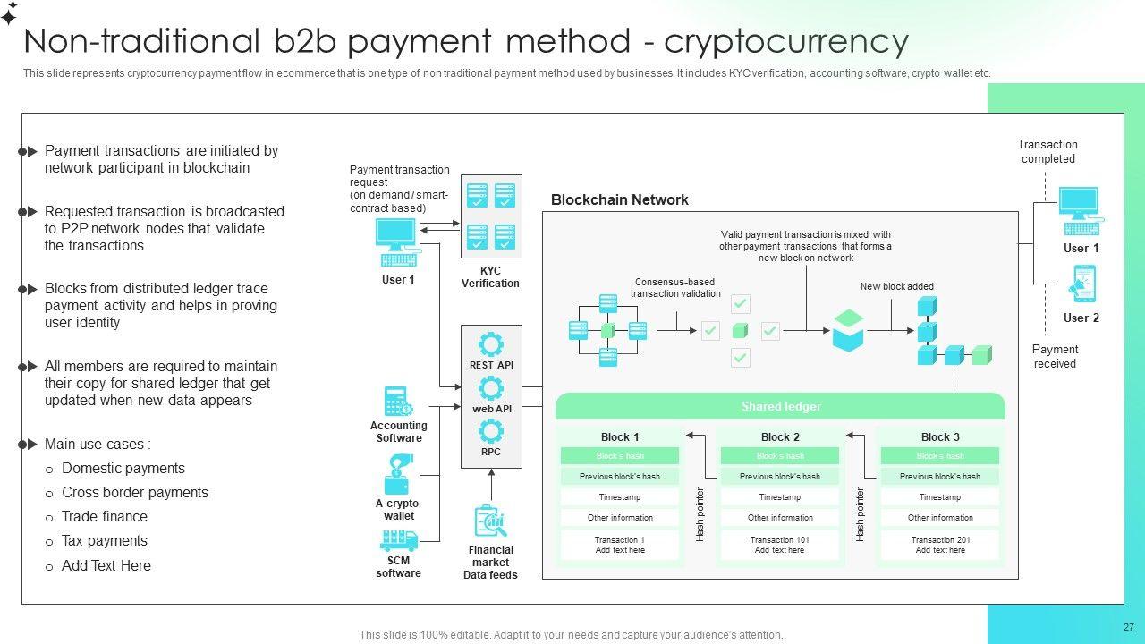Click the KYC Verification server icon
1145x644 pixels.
490,216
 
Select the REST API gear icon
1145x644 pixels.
490,344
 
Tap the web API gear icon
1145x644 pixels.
490,388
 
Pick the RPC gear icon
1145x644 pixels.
490,432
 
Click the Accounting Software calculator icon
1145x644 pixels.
398,402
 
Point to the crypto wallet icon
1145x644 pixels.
399,475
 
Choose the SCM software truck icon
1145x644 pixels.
398,540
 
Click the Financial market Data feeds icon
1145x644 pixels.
490,522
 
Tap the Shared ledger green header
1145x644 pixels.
780,407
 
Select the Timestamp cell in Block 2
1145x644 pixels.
780,497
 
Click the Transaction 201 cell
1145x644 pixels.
940,545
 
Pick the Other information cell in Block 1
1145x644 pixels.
620,518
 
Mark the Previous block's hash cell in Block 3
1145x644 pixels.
940,477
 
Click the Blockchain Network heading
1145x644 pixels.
619,200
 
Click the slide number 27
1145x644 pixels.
1128,628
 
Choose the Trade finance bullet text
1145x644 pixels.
105,517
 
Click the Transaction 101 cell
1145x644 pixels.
780,545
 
